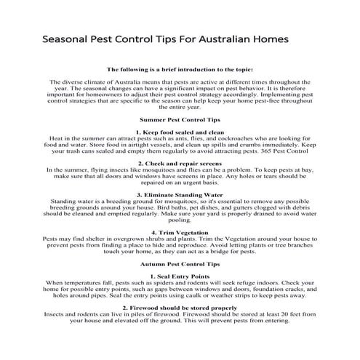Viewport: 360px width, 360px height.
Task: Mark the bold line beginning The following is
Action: coord(180,69)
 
